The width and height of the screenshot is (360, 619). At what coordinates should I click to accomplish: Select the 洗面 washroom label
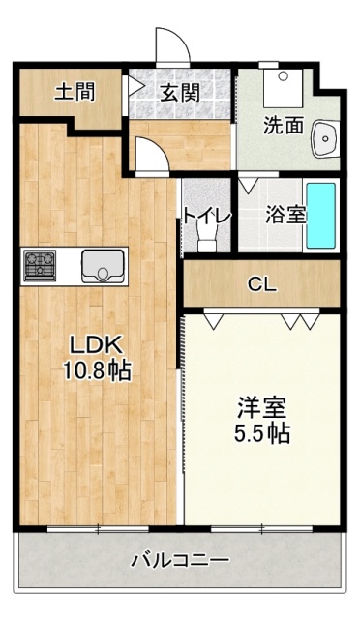[284, 125]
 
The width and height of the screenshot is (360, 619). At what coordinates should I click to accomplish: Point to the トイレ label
[206, 217]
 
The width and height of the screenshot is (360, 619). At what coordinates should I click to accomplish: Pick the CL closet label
[261, 284]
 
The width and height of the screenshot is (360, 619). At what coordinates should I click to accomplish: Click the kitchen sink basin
[102, 264]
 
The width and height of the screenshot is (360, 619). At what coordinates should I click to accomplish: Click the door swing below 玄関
[150, 155]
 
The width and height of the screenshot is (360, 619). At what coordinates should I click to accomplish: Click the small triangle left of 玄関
[135, 87]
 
